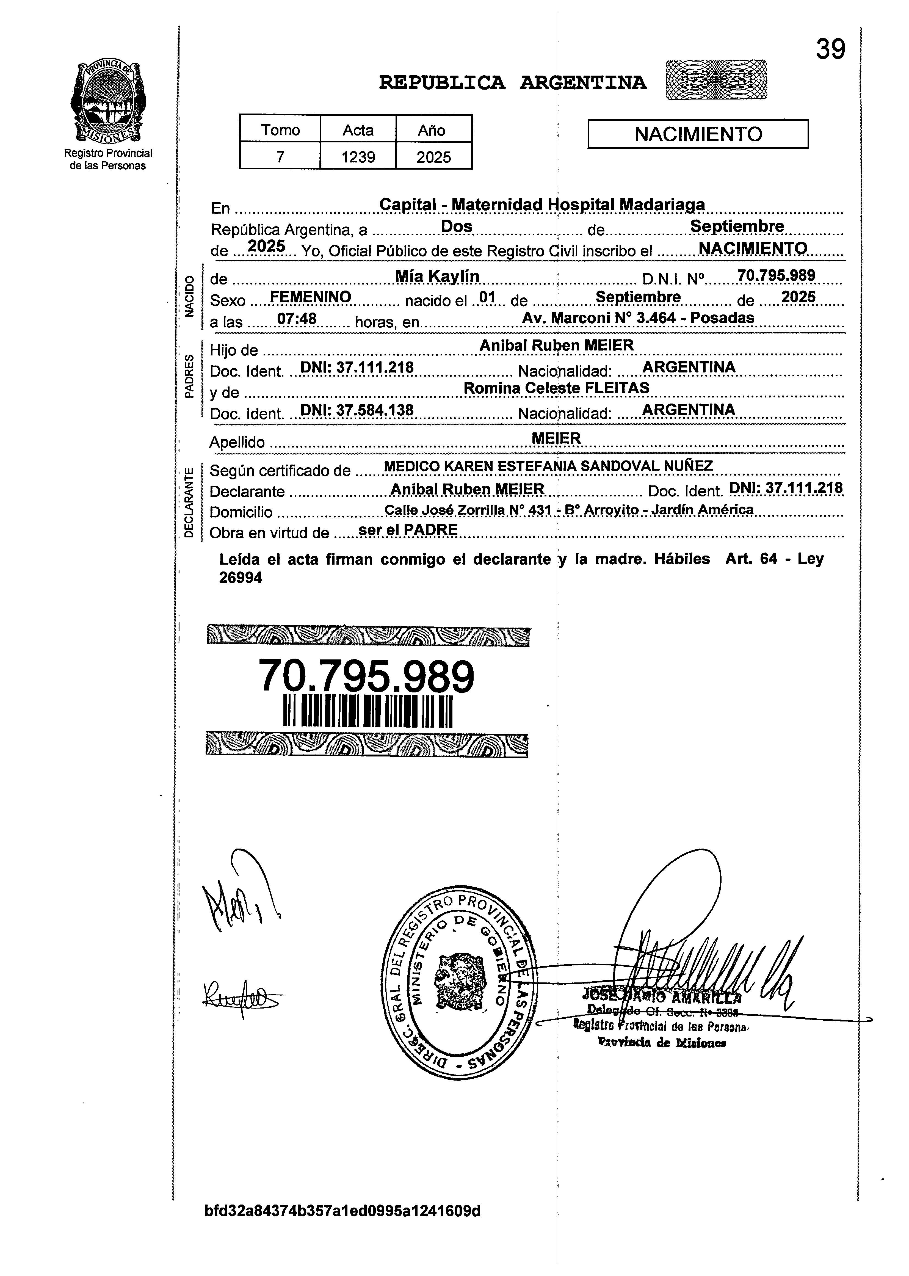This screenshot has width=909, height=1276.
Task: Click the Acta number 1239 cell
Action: point(358,157)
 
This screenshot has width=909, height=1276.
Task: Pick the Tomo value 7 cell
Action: point(280,157)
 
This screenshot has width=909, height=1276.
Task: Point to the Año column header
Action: point(432,130)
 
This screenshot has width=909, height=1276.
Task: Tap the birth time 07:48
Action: point(297,319)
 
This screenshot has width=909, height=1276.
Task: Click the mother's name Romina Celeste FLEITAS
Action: point(556,388)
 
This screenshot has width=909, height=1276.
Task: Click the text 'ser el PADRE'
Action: point(408,529)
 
